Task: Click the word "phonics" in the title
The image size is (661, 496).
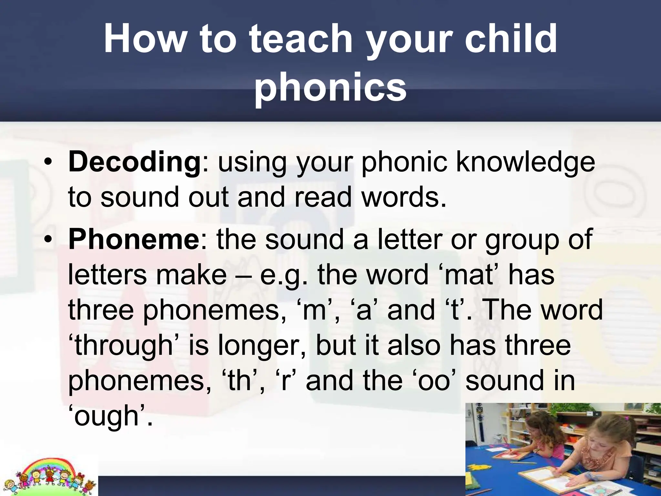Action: click(x=330, y=87)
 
